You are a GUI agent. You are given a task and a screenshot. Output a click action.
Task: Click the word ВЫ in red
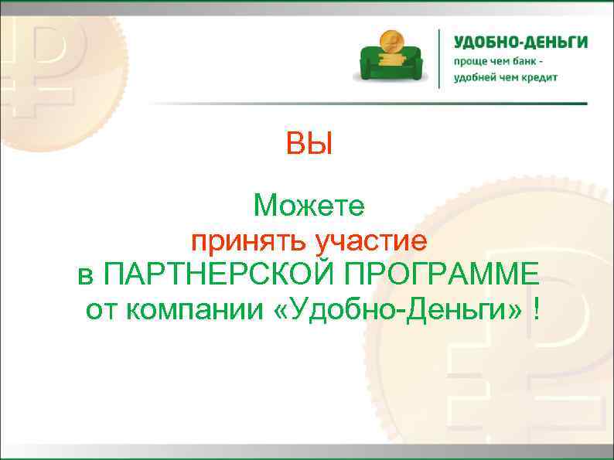point(309,144)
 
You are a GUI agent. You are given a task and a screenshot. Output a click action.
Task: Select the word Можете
point(313,206)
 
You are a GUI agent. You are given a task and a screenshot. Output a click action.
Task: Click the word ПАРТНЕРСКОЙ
point(220,276)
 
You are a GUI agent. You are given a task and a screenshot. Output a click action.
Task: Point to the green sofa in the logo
point(390,60)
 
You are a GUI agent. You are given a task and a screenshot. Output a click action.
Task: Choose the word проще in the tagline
point(470,61)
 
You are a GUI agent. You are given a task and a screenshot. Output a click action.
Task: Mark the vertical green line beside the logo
point(440,58)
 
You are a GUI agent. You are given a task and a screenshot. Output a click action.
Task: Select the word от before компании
point(102,311)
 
